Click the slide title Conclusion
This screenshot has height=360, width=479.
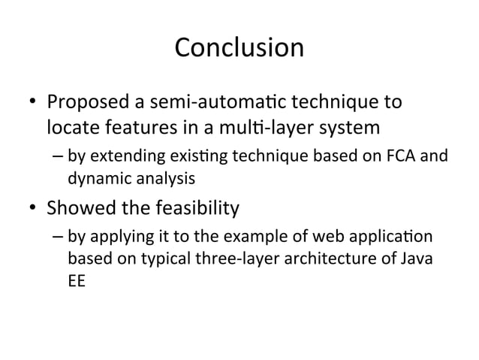click(x=239, y=48)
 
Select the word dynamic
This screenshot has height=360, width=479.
click(x=94, y=179)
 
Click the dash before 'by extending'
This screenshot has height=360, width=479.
click(x=58, y=158)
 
